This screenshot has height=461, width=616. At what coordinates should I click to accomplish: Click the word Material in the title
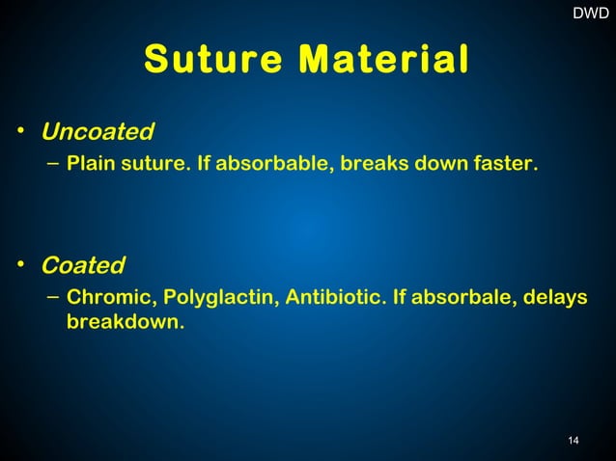click(x=384, y=59)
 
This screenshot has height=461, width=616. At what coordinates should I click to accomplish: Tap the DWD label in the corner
click(x=591, y=14)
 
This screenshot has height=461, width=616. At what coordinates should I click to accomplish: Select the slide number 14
click(x=574, y=441)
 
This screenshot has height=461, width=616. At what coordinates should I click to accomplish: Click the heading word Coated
click(x=83, y=264)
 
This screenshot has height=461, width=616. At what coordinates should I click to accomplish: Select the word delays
click(x=555, y=298)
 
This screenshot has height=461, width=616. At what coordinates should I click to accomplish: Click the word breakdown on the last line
click(x=124, y=321)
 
